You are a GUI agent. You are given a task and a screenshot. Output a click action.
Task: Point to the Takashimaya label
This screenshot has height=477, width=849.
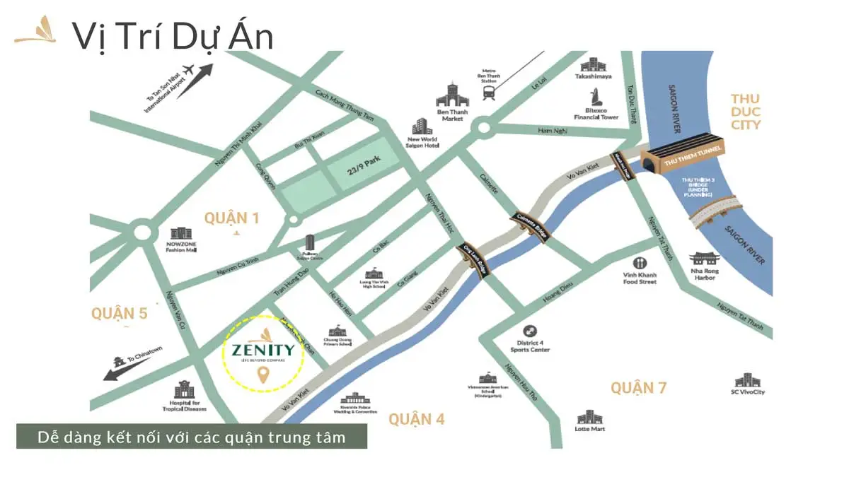coord(593,76)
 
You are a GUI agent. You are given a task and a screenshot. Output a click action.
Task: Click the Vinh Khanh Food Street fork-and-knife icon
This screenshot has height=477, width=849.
coord(640,262)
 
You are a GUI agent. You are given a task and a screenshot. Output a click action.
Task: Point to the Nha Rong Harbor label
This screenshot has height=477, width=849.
coord(704,274)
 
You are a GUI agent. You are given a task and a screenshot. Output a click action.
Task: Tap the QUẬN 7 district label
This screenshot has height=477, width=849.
coord(638,387)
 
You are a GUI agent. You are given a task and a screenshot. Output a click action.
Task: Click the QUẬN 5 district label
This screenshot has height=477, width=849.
coord(119,312)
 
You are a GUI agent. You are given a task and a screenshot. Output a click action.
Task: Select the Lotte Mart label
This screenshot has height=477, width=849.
coord(589,428)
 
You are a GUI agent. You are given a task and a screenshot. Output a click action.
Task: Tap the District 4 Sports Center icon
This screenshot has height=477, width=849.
coord(530,331)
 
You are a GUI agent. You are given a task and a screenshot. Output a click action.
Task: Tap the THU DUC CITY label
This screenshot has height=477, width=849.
coord(746,112)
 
